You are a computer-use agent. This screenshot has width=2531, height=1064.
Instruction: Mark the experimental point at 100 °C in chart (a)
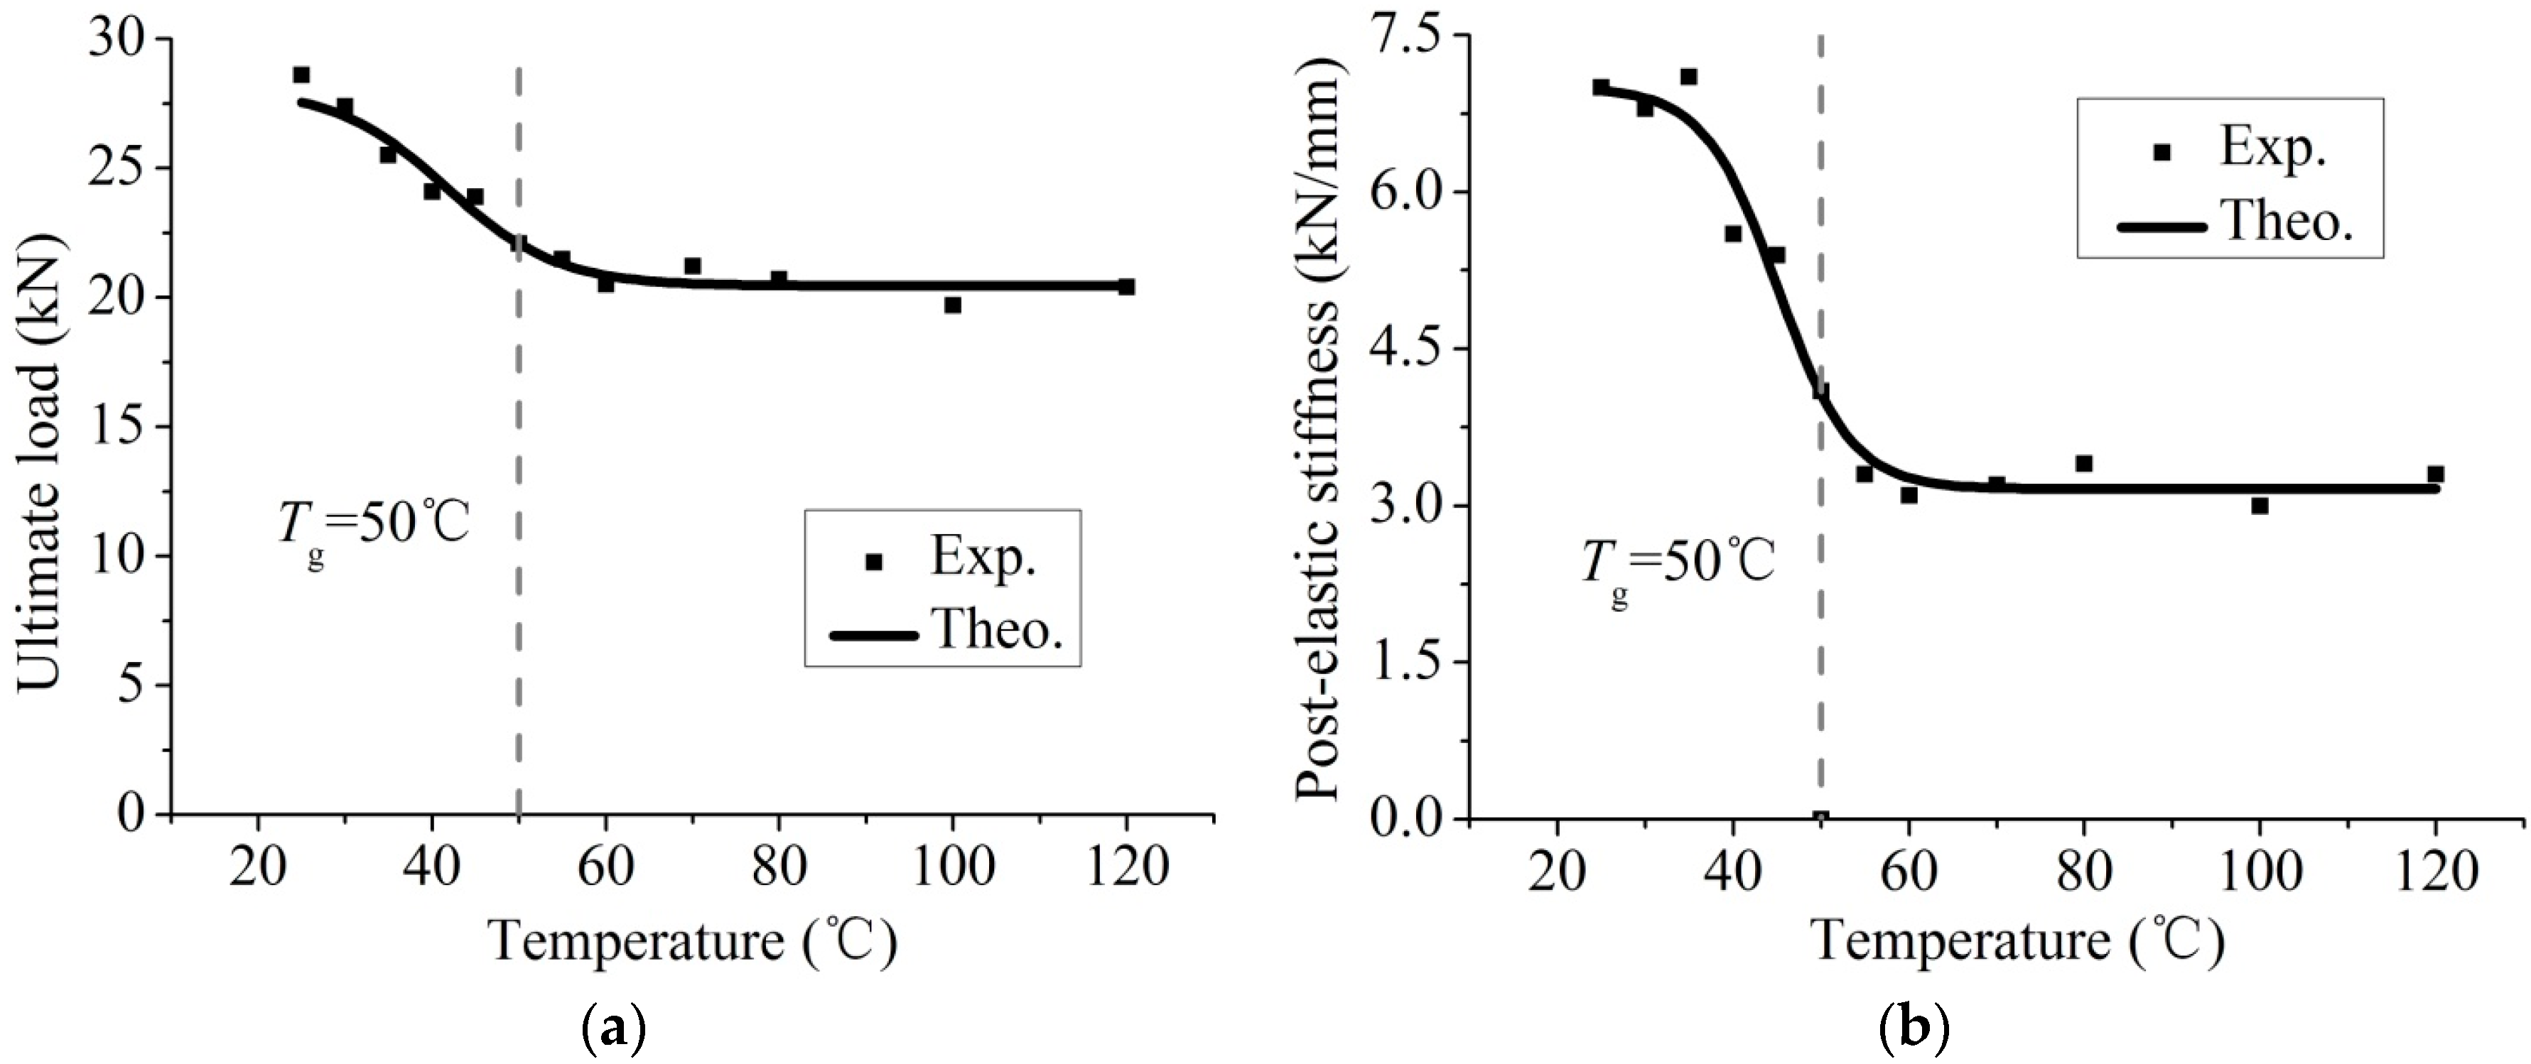[952, 305]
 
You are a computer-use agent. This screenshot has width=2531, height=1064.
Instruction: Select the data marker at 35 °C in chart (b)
[1688, 77]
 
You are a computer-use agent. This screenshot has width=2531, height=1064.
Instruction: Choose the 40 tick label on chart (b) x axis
[1732, 872]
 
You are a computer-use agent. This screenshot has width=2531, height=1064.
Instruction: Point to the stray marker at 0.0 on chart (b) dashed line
[1820, 816]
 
